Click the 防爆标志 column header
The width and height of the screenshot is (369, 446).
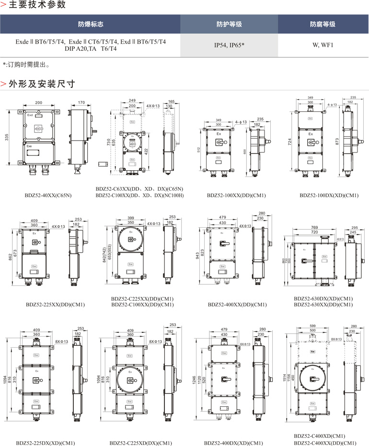click(91, 24)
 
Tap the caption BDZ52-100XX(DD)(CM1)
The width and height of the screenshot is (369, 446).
click(236, 195)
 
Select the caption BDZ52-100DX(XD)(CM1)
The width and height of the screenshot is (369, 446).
click(329, 195)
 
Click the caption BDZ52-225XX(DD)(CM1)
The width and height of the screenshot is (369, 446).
click(55, 304)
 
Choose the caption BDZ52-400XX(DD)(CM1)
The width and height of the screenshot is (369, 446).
click(237, 304)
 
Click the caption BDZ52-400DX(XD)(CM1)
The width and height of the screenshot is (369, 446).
click(233, 443)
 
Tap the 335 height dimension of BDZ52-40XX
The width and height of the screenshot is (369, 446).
click(7, 138)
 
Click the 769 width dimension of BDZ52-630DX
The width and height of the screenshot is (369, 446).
click(314, 227)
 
